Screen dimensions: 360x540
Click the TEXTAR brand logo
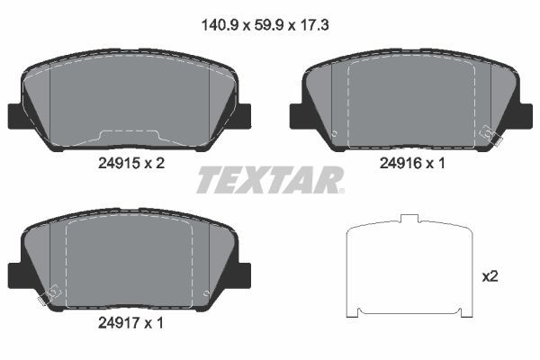(268, 180)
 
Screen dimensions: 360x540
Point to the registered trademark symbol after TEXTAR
(339, 190)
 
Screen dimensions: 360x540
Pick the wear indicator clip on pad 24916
(490, 135)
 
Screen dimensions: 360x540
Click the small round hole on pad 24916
(334, 136)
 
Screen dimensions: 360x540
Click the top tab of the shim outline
(410, 218)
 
